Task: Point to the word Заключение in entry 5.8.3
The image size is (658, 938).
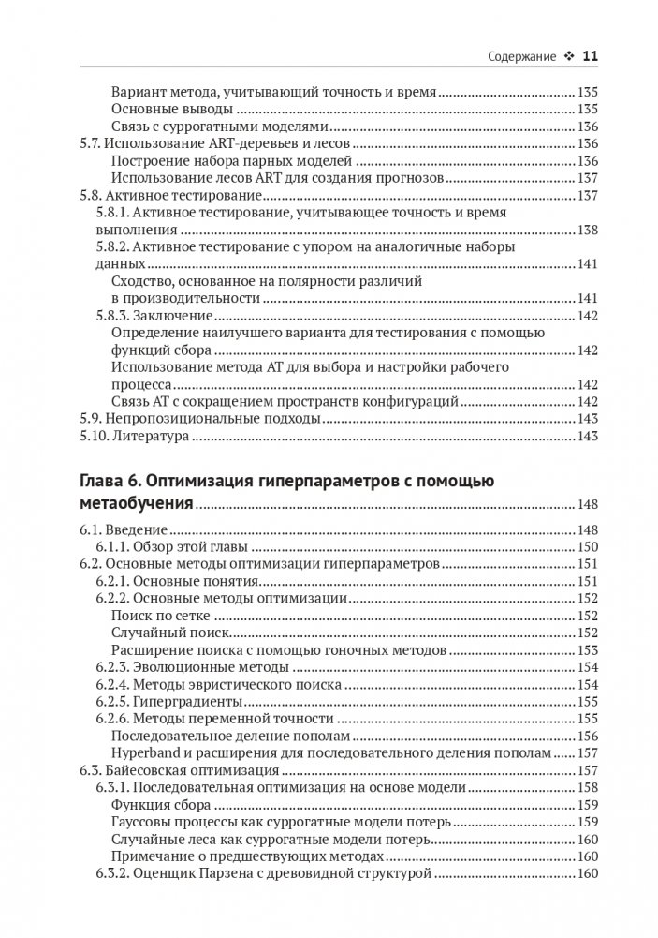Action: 178,315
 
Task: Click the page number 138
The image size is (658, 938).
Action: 588,231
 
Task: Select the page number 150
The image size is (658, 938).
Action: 588,547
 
